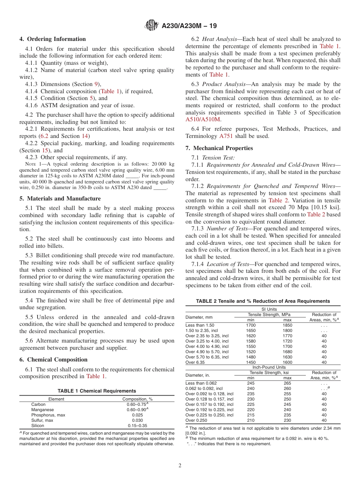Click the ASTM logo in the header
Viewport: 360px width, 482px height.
(x=152, y=26)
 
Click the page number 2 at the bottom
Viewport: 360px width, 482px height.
(x=180, y=466)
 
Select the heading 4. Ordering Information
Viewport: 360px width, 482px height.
(x=53, y=39)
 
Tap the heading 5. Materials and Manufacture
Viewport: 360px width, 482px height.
(x=60, y=199)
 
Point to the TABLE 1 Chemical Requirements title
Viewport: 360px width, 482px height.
(x=97, y=391)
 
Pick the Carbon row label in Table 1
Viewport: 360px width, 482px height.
(x=38, y=404)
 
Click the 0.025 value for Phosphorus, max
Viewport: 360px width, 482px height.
(x=137, y=415)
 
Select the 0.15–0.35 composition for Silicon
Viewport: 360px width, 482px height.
(x=137, y=426)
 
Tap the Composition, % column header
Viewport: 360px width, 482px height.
(x=137, y=399)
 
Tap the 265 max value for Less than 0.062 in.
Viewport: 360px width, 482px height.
(x=288, y=383)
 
